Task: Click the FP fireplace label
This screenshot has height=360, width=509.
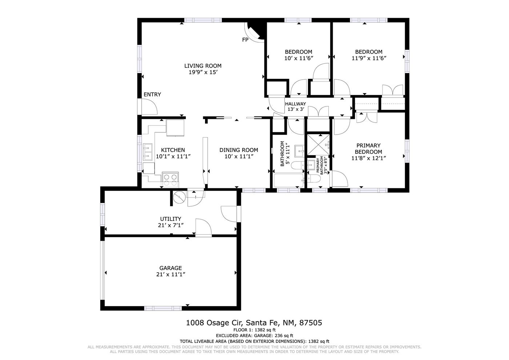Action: (245, 40)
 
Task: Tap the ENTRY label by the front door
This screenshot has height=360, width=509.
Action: (152, 94)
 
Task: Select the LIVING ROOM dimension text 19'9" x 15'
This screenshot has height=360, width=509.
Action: (203, 72)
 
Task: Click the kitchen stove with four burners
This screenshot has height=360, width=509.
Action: (170, 180)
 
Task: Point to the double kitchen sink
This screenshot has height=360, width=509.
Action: (148, 152)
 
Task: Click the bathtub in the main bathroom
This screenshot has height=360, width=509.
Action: (289, 180)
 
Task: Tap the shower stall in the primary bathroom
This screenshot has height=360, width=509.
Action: (318, 145)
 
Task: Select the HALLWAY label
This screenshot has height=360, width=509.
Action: (295, 104)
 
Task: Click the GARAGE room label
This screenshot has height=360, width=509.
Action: (171, 268)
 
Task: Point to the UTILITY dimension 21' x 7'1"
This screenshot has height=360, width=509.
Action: (171, 225)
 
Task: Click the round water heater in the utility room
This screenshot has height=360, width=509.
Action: (180, 197)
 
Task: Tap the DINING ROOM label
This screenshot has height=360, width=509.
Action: (239, 150)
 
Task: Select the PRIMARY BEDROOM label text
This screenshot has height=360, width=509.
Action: (368, 149)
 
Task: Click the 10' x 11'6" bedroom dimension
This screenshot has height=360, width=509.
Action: (298, 58)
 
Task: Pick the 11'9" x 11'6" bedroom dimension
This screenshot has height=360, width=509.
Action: (369, 58)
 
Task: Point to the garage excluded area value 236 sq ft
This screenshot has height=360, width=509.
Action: (284, 335)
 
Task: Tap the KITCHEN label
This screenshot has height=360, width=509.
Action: (173, 150)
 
